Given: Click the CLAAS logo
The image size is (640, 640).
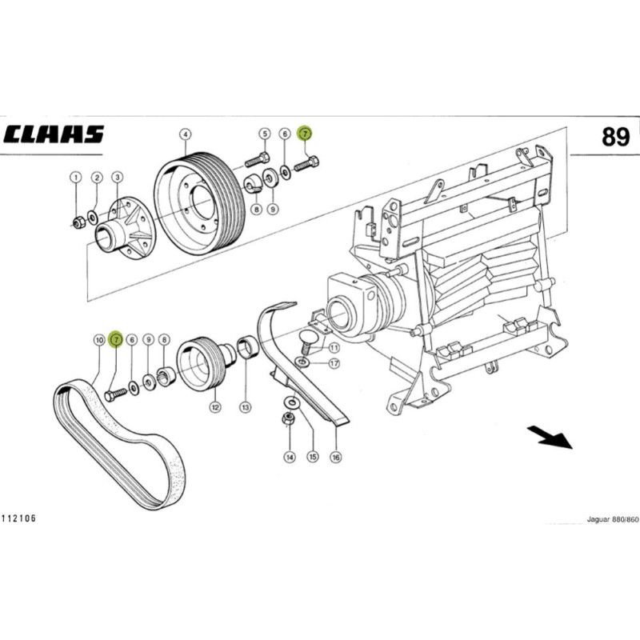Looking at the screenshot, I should click(x=54, y=134).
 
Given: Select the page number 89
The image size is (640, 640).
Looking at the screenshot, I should click(x=617, y=137).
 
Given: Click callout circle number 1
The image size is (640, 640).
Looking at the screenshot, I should click(x=75, y=177).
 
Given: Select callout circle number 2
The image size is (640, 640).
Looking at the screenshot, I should click(x=96, y=177).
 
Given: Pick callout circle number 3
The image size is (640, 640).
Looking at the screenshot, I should click(x=117, y=177).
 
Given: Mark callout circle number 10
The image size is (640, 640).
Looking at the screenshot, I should click(x=98, y=339).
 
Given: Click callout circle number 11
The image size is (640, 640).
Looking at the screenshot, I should click(x=333, y=349).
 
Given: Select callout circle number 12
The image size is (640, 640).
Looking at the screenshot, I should click(x=215, y=407).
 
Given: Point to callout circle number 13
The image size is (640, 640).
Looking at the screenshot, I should click(x=245, y=407).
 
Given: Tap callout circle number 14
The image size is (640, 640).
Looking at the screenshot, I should click(x=290, y=457).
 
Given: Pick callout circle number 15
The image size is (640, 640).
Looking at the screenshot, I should click(x=313, y=457).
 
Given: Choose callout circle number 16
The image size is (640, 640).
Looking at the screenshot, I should click(x=336, y=457).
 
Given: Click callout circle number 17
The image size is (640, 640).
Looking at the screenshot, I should click(x=333, y=363).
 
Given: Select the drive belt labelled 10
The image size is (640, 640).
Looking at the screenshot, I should click(x=120, y=444).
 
